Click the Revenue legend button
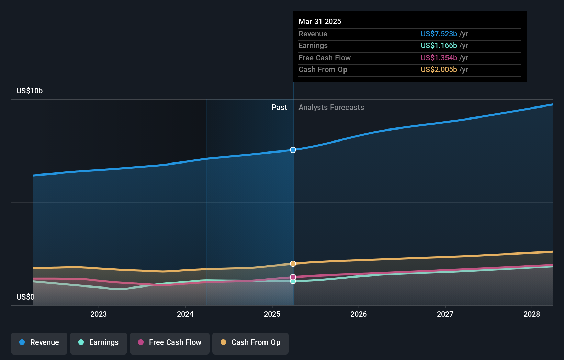39,342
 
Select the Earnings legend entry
99,342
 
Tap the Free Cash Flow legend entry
170,342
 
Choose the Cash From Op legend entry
250,342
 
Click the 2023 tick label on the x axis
99,314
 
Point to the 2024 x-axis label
185,314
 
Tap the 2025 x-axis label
272,314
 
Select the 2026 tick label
359,314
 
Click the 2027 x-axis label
445,314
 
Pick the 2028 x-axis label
532,314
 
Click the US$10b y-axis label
30,91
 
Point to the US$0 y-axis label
25,297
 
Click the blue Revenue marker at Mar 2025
293,150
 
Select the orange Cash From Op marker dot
293,264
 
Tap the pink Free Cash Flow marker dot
293,277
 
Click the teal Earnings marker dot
293,281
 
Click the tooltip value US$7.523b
439,34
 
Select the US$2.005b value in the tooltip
439,69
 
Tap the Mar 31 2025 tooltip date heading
320,21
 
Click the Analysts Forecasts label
331,107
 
